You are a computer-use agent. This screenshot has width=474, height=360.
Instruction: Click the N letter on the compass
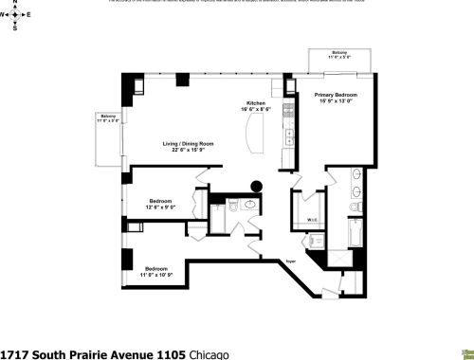16,4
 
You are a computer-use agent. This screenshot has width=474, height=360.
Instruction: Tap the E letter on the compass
29,16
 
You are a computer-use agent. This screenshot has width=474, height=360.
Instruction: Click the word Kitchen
256,102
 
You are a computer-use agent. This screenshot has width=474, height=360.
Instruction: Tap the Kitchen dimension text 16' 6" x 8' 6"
256,109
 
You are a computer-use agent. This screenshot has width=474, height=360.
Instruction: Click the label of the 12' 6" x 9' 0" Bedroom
159,200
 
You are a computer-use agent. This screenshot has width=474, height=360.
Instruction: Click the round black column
254,187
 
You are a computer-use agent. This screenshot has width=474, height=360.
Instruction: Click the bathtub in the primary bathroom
353,232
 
